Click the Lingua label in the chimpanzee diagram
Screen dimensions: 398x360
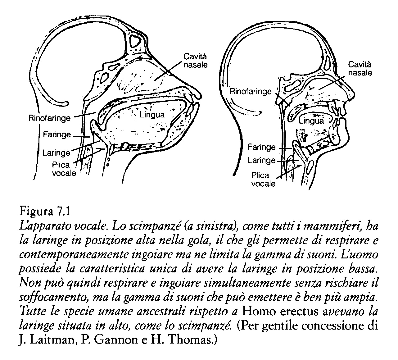click(x=152, y=115)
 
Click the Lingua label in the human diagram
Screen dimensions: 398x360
click(x=311, y=121)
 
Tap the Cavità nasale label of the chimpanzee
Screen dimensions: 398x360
click(x=195, y=61)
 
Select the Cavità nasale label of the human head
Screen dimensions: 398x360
click(x=360, y=69)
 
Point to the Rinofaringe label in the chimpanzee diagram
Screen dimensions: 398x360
click(x=50, y=118)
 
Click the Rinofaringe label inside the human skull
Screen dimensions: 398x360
click(x=251, y=91)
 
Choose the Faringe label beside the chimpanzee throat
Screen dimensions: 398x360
click(x=57, y=134)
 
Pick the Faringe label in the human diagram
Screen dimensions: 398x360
click(x=262, y=147)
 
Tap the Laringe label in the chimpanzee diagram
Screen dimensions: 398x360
click(x=56, y=153)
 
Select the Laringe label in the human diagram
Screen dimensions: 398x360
click(x=262, y=160)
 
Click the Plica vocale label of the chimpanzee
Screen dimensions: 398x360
click(x=64, y=169)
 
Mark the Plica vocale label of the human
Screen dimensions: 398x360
click(x=263, y=180)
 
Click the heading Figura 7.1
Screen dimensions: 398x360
click(x=45, y=212)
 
